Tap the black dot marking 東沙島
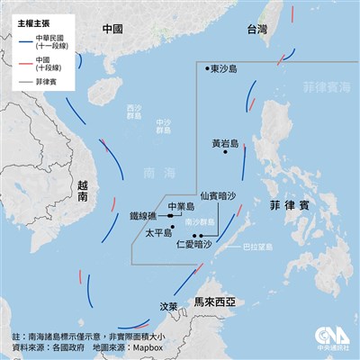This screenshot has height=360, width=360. pos(208,67)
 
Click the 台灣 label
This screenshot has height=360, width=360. pos(258,31)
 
